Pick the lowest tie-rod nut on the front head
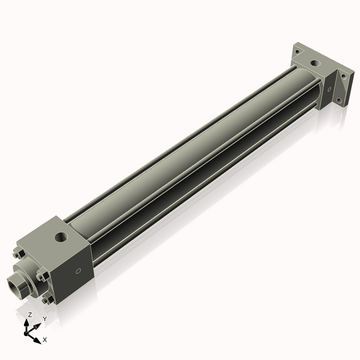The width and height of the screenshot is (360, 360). (47, 298)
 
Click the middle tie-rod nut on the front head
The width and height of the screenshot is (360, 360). (42, 277)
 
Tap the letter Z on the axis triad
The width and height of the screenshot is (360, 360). (30, 314)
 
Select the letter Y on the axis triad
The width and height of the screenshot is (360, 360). (44, 319)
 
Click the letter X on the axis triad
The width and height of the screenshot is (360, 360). (45, 340)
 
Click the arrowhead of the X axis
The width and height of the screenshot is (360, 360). (37, 338)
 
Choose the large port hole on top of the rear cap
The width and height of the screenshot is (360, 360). (316, 62)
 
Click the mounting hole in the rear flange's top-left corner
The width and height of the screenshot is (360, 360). (297, 52)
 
